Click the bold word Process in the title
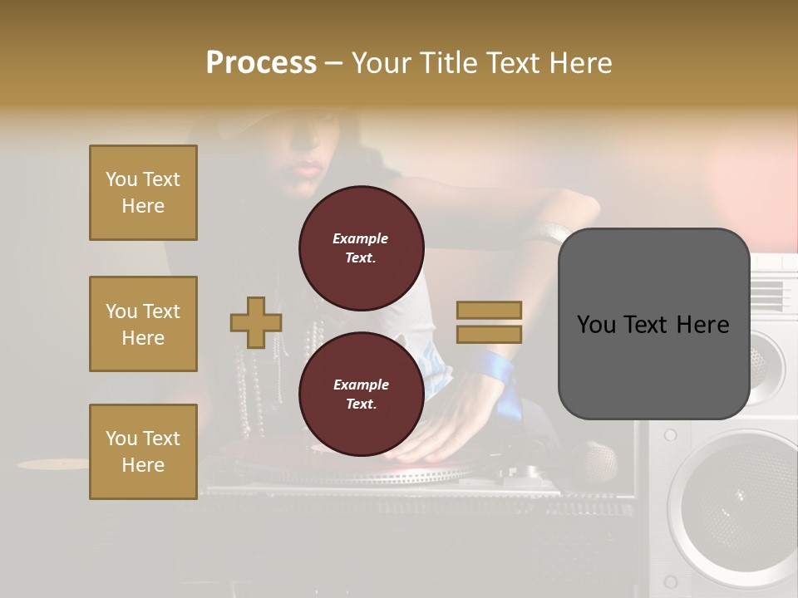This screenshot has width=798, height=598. [261, 63]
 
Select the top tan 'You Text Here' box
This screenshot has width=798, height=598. [143, 193]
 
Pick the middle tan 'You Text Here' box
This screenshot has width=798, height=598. [143, 324]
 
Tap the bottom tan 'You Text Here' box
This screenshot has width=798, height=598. [143, 452]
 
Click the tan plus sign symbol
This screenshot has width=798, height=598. [256, 322]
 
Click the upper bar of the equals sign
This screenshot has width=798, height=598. [490, 310]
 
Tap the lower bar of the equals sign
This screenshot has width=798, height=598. [490, 335]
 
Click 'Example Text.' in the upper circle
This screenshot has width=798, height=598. [361, 248]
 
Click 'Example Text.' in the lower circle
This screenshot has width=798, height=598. [361, 395]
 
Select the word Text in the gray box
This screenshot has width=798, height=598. [653, 324]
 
